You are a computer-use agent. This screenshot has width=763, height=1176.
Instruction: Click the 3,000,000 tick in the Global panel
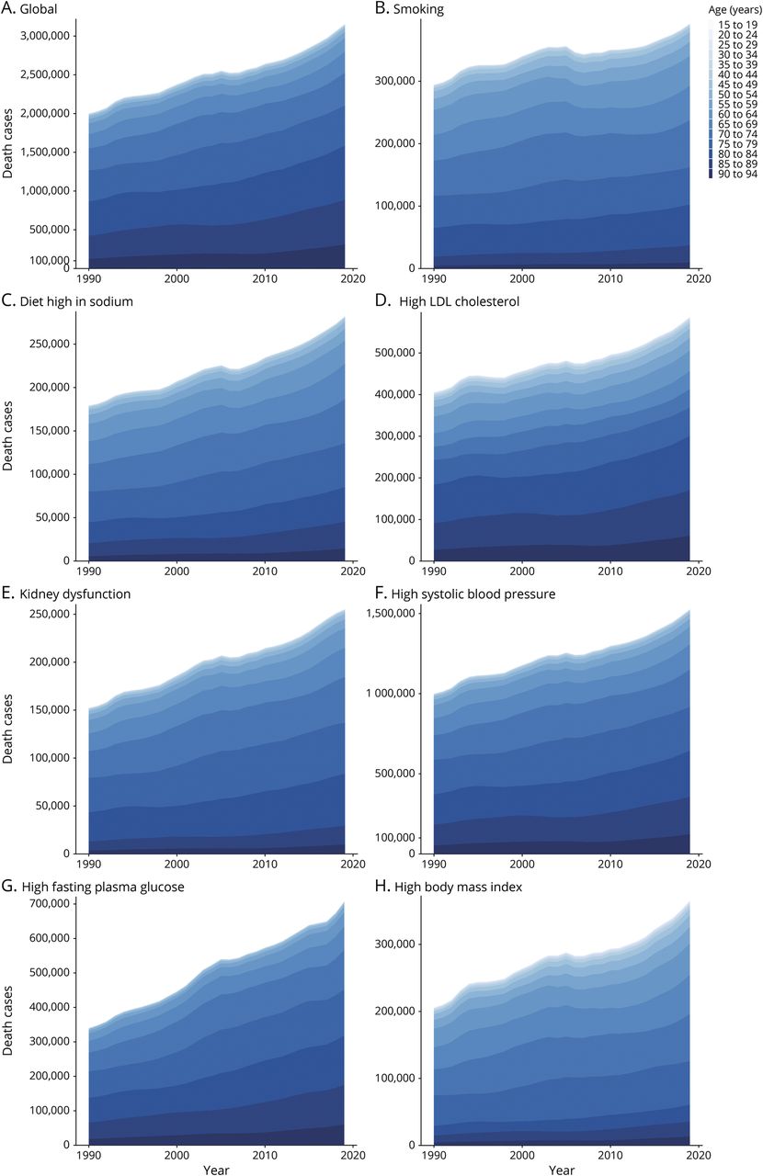(49, 36)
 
